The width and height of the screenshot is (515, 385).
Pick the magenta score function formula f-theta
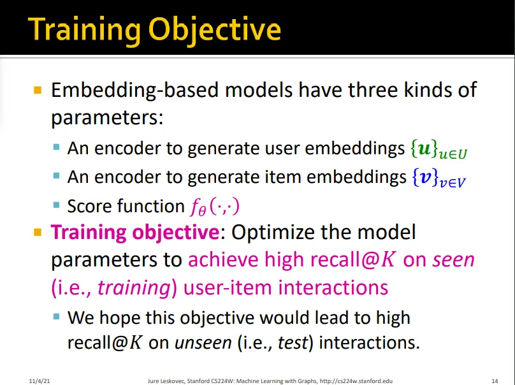click(x=215, y=207)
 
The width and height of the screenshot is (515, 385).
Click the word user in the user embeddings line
click(x=282, y=149)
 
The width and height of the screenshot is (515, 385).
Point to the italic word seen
click(x=454, y=260)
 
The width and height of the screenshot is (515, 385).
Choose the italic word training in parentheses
click(x=134, y=288)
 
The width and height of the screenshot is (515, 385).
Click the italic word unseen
click(x=203, y=344)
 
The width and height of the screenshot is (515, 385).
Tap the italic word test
click(x=293, y=343)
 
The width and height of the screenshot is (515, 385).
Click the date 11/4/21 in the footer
click(x=40, y=381)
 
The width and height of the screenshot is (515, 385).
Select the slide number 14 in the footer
click(x=495, y=381)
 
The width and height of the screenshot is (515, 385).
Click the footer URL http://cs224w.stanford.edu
click(x=356, y=381)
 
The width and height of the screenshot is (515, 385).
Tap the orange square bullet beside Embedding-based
click(x=38, y=90)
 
